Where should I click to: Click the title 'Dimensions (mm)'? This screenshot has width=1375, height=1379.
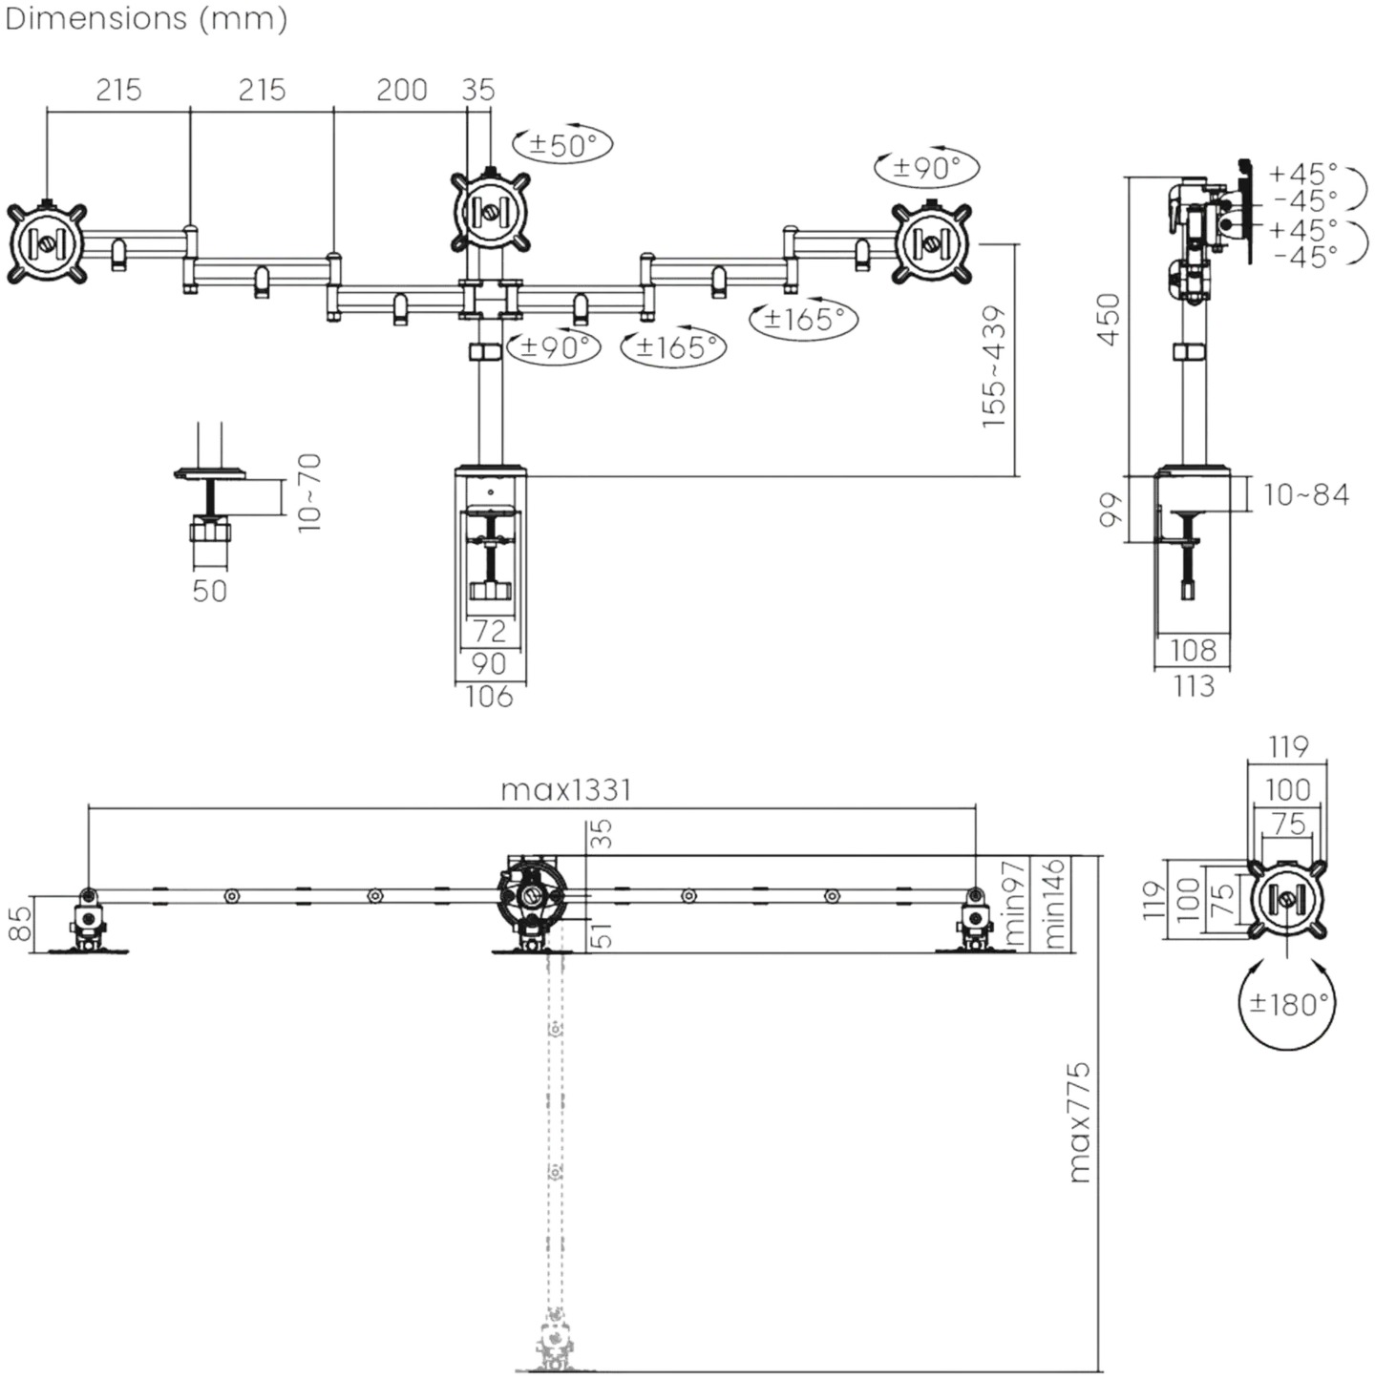(146, 19)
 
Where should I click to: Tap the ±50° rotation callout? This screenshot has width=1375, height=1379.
(563, 145)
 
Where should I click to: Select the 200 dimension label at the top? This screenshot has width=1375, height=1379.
(402, 90)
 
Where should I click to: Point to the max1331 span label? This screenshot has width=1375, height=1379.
(565, 790)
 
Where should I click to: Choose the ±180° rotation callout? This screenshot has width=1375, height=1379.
(1287, 1003)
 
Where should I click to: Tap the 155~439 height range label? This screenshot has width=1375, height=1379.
(993, 366)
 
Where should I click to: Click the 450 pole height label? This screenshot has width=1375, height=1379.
(1108, 319)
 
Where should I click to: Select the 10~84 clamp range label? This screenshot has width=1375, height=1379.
(1306, 494)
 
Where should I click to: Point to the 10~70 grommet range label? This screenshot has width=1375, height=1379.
(309, 492)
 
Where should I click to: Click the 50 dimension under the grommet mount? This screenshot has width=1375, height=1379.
(210, 591)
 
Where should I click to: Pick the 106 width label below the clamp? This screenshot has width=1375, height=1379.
(489, 697)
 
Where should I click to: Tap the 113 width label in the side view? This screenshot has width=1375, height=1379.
(1194, 686)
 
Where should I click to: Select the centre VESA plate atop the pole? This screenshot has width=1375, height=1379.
(491, 211)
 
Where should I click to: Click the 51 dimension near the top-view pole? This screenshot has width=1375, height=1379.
(603, 935)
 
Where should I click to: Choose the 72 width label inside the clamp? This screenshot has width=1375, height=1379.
(490, 631)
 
